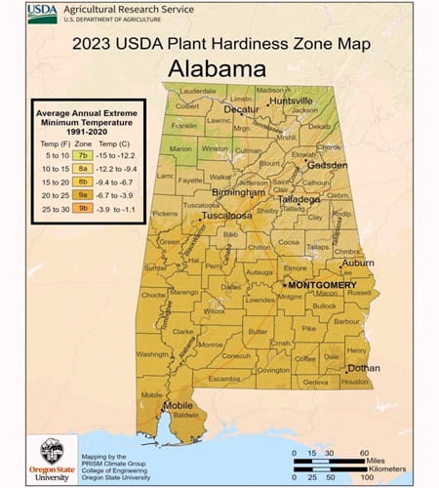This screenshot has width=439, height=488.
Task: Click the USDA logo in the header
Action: (x=43, y=13)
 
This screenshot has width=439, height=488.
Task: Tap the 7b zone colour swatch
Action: (x=83, y=154)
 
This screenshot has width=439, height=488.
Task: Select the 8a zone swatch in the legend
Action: (x=83, y=167)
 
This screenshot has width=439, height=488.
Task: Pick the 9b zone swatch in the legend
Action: (x=83, y=208)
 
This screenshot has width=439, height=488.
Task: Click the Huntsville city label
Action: (x=292, y=101)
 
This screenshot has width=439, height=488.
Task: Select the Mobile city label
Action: (x=178, y=404)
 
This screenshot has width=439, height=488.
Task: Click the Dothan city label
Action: (x=363, y=368)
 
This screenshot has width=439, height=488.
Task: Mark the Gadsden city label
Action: (x=327, y=165)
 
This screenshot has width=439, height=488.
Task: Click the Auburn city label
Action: (x=357, y=263)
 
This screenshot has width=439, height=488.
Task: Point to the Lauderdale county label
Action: (x=198, y=90)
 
